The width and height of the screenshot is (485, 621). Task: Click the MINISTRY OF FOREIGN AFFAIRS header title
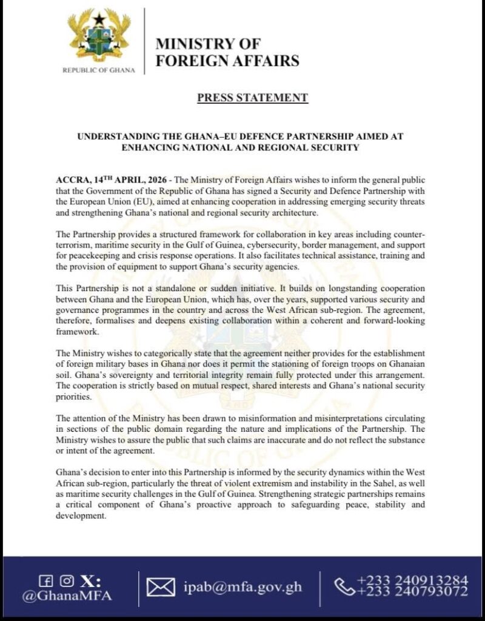[227, 52]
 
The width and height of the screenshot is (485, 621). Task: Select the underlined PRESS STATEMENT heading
[252, 98]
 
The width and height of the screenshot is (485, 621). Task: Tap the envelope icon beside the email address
[161, 587]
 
